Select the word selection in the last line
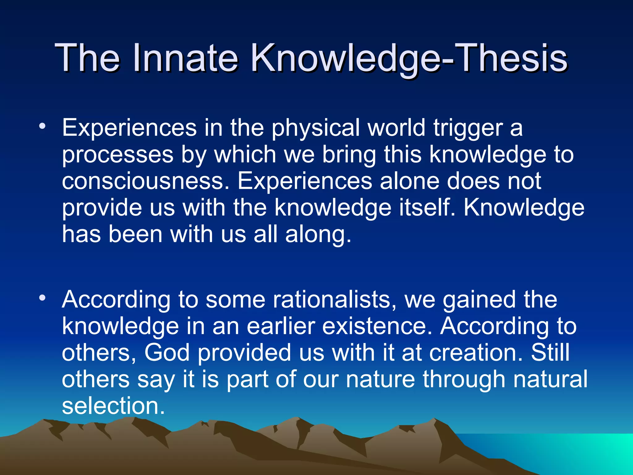113,406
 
